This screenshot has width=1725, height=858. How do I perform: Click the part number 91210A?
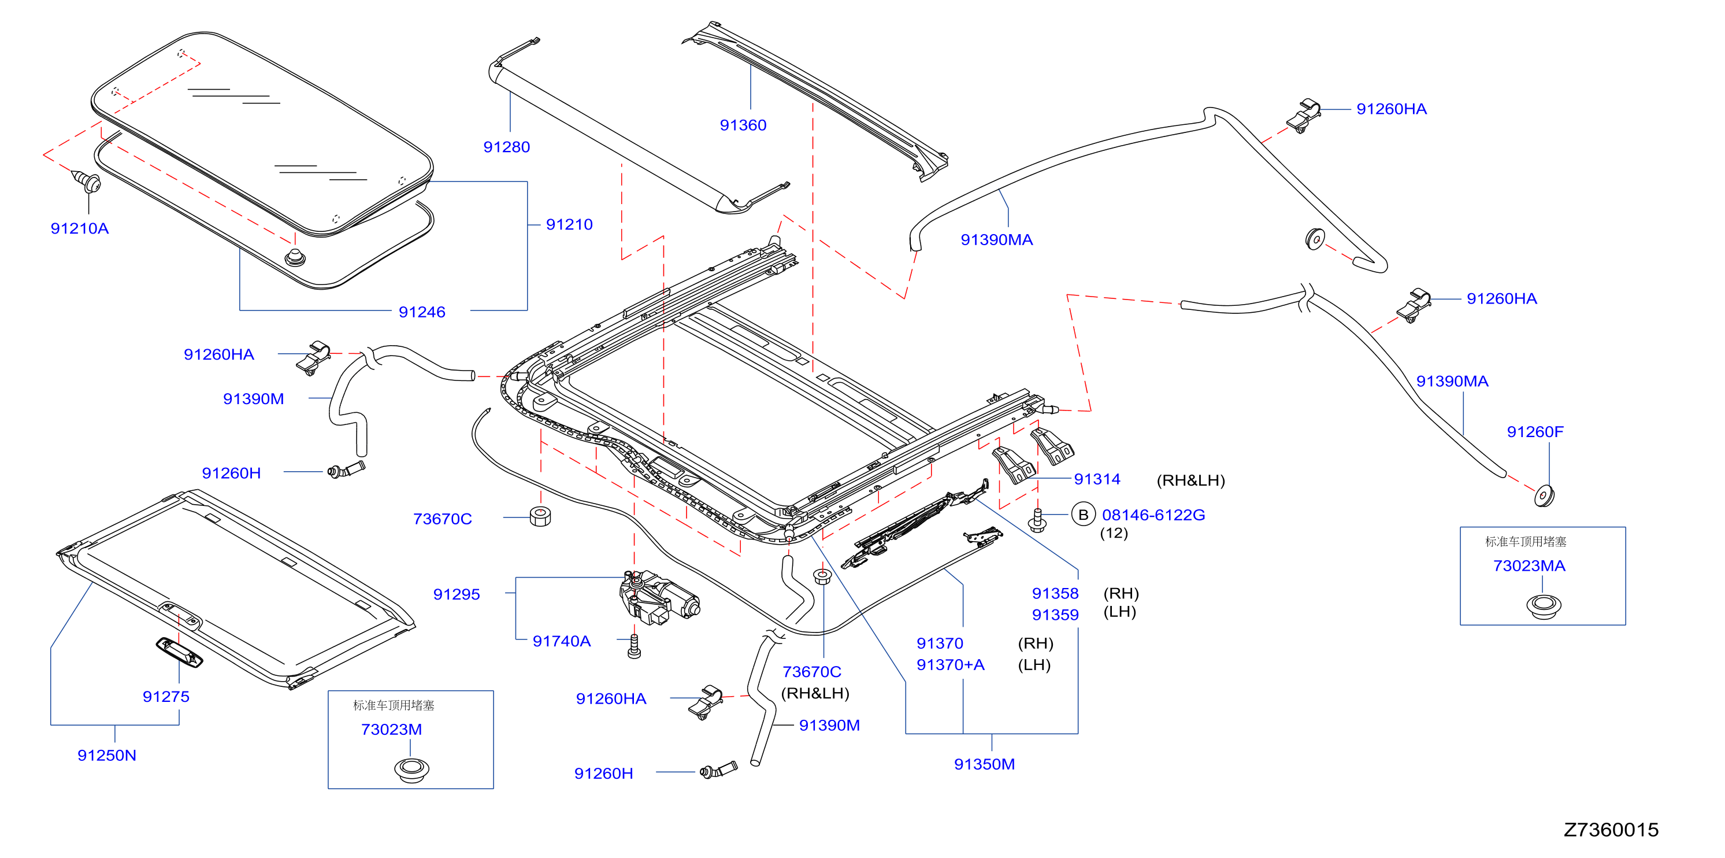tap(80, 228)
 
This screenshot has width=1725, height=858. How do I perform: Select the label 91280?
tap(506, 147)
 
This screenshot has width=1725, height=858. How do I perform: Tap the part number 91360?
tap(743, 125)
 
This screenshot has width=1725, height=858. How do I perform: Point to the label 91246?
tap(422, 312)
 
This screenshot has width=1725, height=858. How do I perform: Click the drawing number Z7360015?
tap(1611, 830)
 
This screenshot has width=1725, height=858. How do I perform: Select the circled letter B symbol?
tap(1083, 515)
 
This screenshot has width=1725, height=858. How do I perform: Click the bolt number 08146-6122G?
tap(1153, 515)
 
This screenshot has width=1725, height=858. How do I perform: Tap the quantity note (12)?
tap(1114, 533)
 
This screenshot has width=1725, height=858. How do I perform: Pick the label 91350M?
tap(984, 764)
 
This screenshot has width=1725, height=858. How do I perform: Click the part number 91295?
tap(457, 594)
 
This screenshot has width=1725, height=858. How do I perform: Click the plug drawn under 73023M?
tap(411, 770)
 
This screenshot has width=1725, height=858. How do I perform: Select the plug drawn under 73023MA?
tap(1544, 606)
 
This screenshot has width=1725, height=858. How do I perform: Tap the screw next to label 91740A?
tap(634, 646)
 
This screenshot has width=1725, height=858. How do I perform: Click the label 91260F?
tap(1535, 432)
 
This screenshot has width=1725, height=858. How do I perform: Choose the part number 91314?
tap(1097, 479)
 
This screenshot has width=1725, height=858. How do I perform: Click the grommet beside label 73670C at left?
tap(540, 516)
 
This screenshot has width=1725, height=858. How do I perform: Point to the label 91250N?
tap(106, 756)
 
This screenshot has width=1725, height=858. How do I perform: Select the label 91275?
tap(166, 697)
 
